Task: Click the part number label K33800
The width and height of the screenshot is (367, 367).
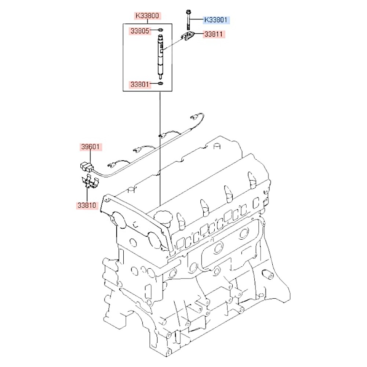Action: tap(147, 16)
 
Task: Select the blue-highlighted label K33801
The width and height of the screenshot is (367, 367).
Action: tap(216, 20)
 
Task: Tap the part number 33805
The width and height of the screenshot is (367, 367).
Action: tap(140, 31)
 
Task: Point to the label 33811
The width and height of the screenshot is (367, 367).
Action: tap(214, 34)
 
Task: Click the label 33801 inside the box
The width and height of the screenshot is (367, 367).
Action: tap(140, 84)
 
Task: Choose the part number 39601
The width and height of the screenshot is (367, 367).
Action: tap(90, 147)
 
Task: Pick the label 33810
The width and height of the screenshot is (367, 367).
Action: tap(87, 206)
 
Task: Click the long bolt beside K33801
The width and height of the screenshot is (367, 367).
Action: tap(188, 20)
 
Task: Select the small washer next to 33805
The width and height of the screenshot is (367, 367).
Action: tap(160, 30)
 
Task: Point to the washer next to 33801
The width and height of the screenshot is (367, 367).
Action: tap(160, 83)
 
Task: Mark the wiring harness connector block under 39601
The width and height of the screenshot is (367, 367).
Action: tap(87, 166)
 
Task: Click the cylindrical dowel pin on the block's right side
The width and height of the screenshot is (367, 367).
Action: tap(268, 274)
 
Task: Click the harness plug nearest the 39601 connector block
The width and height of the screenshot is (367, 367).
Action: tap(112, 165)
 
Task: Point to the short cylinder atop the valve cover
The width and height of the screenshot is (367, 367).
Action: tap(217, 146)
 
